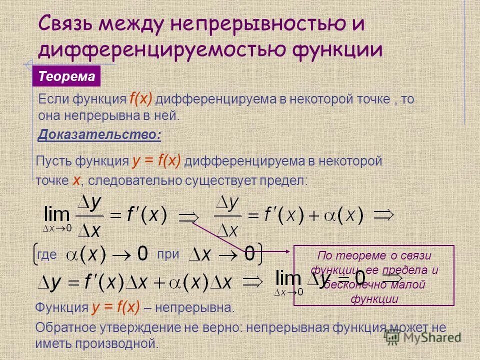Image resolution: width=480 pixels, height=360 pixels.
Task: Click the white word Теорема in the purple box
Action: click(x=67, y=76)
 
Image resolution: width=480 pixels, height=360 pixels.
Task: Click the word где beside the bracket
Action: click(x=47, y=254)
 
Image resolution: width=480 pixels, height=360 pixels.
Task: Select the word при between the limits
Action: click(x=168, y=253)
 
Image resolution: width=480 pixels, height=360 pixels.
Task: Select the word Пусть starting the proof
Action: click(x=55, y=161)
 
